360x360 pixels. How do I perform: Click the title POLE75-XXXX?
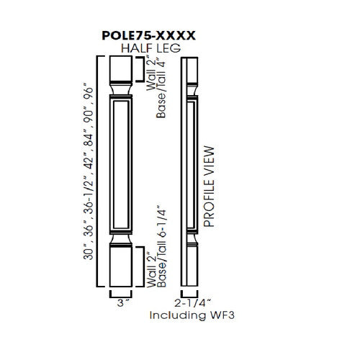150,34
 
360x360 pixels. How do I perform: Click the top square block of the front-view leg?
120,69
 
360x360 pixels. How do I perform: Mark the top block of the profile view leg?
189,69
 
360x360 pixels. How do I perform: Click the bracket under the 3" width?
121,293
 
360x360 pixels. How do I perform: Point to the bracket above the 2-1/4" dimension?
189,293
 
